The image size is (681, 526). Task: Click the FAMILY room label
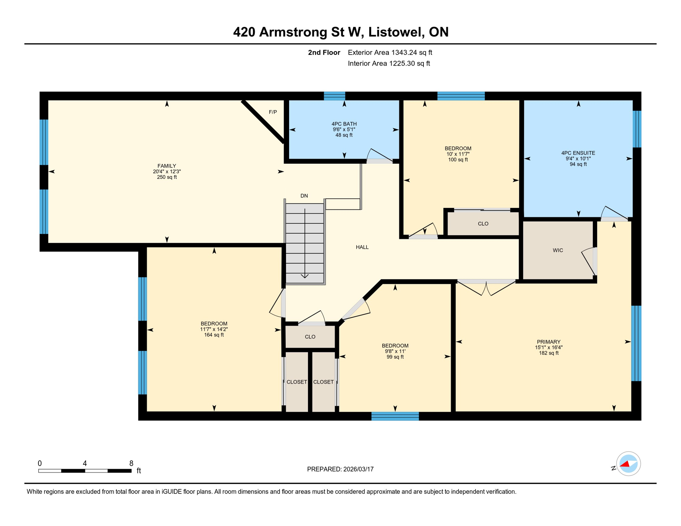pos(166,166)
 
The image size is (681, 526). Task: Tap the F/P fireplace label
pos(273,112)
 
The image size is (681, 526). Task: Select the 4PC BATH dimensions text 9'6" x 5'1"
pos(344,129)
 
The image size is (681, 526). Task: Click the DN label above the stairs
pos(304,196)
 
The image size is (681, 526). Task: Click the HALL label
pos(362,247)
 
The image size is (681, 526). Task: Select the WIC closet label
pos(558,250)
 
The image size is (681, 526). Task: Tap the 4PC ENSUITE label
pos(578,153)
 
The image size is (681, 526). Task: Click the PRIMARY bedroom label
pos(548,342)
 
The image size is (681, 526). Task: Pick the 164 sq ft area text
pos(214,335)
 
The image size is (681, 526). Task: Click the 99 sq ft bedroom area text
pos(395,357)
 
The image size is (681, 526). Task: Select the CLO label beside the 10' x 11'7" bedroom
pos(483,224)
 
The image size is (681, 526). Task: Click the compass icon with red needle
pos(628,464)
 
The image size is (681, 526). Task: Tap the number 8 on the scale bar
pos(131,463)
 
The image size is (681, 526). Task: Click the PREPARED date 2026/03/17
pos(359,469)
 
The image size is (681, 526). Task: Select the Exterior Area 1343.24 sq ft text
pos(390,52)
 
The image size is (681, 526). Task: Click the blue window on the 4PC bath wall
pos(334,96)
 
